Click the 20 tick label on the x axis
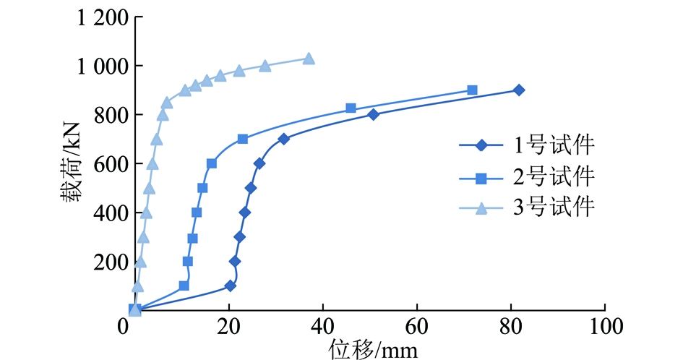(x=228, y=326)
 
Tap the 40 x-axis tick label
(x=322, y=326)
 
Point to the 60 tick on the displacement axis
(x=417, y=326)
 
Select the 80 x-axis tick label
(x=511, y=326)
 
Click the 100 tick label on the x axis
(x=604, y=326)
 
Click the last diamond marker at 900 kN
(x=518, y=90)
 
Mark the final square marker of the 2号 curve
(x=472, y=90)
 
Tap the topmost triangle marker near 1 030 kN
(x=309, y=59)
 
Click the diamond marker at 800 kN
(x=373, y=114)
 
